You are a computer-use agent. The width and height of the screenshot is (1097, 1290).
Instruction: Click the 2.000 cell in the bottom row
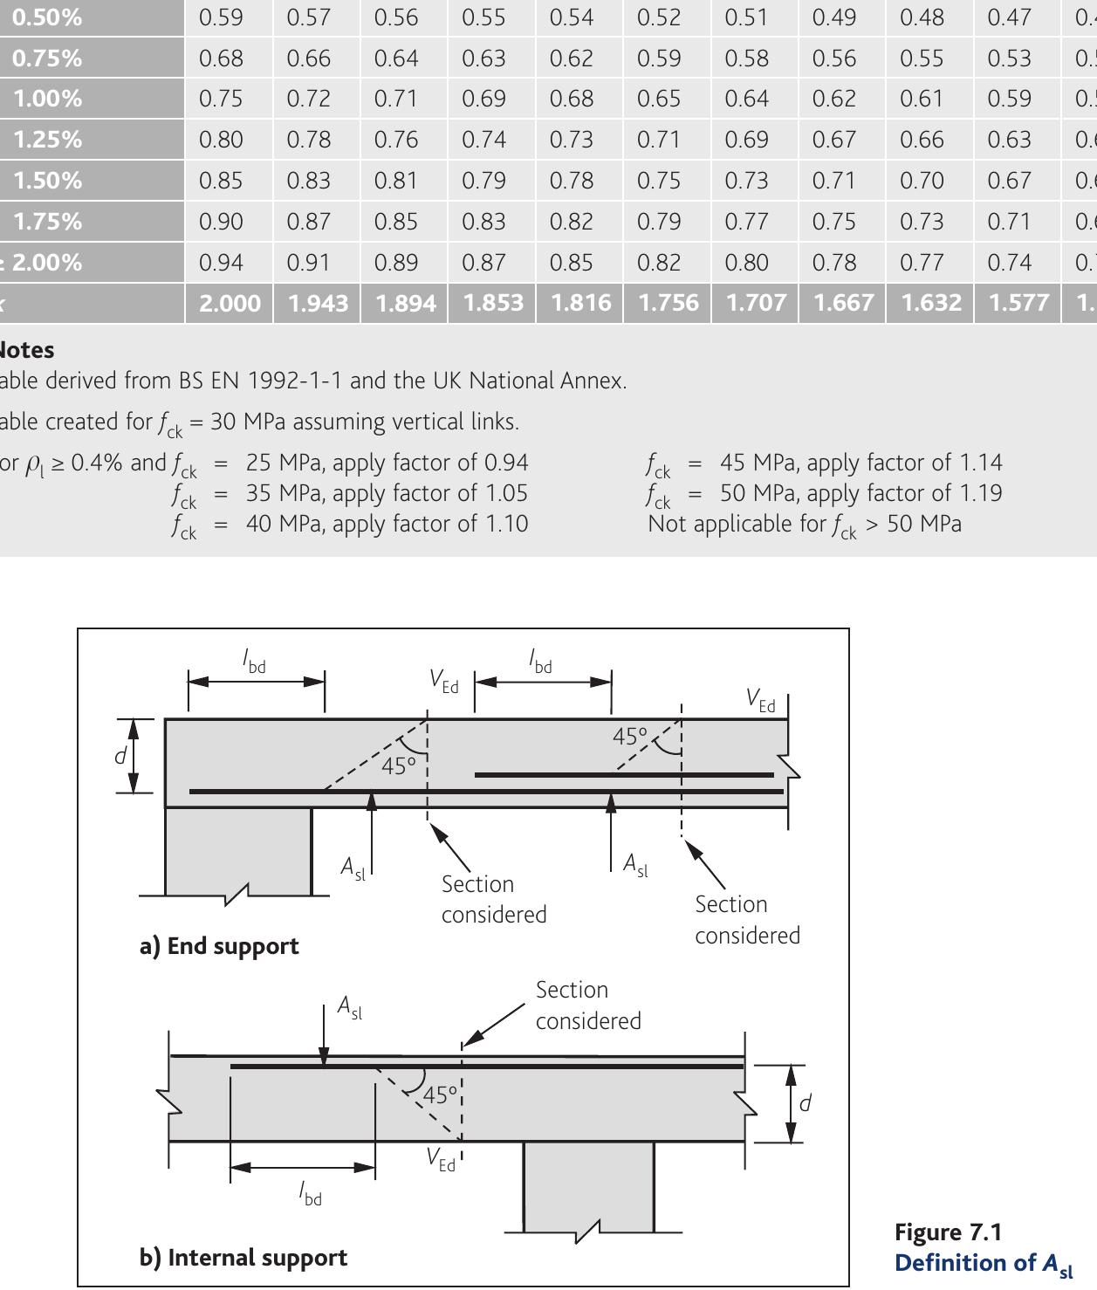coord(230,303)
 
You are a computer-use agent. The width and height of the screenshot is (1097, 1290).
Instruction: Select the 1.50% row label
coord(47,180)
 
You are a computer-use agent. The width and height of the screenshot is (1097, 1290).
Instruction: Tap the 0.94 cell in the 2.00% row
coord(221,262)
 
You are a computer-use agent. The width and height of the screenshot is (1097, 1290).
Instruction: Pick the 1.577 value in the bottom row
coord(1018,303)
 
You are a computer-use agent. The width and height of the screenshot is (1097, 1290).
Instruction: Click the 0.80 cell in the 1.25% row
coord(221,140)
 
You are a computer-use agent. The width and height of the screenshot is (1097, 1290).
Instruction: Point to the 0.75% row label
coord(47,58)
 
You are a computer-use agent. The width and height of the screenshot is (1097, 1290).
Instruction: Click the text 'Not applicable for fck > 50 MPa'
coord(804,524)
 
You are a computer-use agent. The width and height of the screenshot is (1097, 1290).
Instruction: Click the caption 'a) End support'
coord(219,946)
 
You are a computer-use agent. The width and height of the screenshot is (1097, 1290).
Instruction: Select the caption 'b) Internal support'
coord(243,1257)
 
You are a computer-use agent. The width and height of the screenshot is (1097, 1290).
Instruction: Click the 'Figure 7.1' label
coord(948,1232)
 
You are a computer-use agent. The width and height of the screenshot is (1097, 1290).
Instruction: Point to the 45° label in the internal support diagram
coord(440,1094)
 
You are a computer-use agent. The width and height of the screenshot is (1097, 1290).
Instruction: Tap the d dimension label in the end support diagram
coord(120,755)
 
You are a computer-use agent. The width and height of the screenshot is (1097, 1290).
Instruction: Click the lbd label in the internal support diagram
coord(310,1192)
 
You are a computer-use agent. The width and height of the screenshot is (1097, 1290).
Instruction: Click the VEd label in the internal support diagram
coord(441,1160)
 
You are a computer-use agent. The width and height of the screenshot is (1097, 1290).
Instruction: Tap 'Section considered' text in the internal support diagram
coord(587,1005)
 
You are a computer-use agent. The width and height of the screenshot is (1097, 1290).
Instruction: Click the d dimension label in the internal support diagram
coord(805,1103)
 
